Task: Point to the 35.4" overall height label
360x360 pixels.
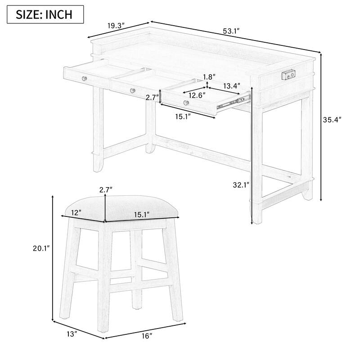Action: coord(332,120)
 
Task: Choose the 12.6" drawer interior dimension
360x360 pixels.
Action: coord(197,95)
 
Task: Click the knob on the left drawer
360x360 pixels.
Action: coord(84,78)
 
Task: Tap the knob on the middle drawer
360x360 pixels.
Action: coord(132,91)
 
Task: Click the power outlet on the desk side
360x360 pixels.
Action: coord(289,74)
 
